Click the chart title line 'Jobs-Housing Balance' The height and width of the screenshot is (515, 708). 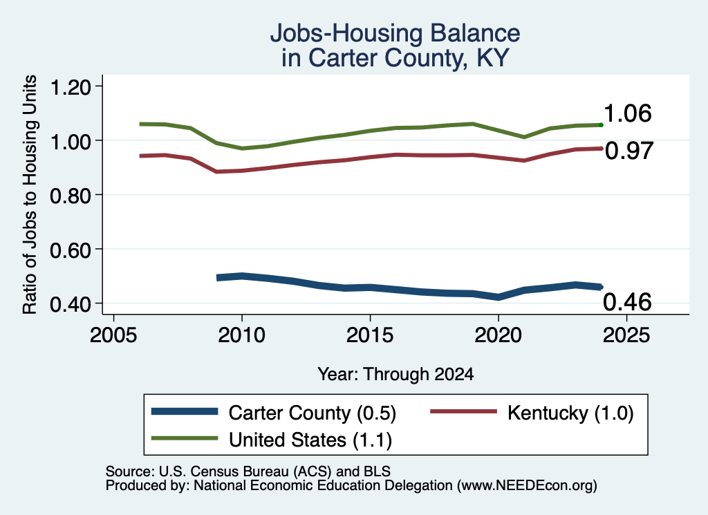[395, 33]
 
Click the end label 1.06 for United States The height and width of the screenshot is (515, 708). [628, 113]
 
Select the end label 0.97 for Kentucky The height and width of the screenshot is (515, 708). [629, 151]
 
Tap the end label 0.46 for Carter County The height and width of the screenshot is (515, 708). [627, 302]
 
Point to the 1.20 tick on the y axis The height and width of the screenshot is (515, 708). [71, 86]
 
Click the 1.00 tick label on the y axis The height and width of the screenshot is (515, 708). [71, 141]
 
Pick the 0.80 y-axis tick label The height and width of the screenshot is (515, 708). [71, 196]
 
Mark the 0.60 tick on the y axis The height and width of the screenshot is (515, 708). [71, 250]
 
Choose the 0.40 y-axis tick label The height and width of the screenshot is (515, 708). [71, 304]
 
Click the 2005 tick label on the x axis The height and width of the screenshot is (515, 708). [114, 335]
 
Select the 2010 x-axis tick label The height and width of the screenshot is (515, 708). [241, 335]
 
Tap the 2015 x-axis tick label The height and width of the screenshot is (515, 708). [370, 335]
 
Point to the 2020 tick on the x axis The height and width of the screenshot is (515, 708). [498, 335]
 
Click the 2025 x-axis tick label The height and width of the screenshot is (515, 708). [626, 335]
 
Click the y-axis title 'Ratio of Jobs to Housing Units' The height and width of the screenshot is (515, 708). [30, 194]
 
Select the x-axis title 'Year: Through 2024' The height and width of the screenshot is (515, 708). [395, 374]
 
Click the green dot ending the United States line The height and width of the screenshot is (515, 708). [601, 124]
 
